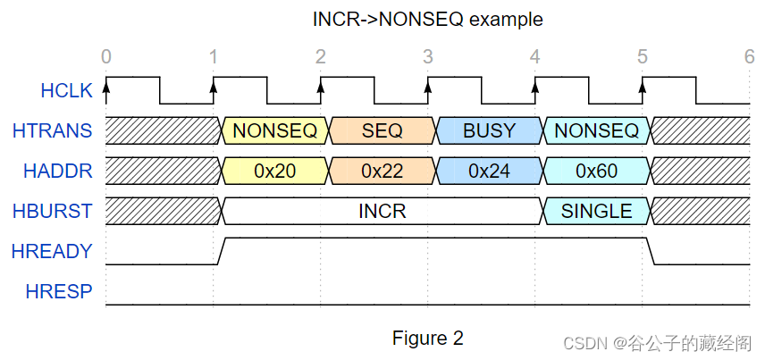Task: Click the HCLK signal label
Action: tap(66, 91)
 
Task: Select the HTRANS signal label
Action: tap(53, 130)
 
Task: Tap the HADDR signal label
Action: tap(58, 171)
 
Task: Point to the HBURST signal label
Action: tap(53, 211)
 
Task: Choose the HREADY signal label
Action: tap(52, 251)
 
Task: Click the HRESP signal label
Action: tap(59, 291)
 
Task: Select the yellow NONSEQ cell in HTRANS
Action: tap(275, 130)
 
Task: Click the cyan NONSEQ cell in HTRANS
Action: tap(597, 130)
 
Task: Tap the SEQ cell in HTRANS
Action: tap(382, 130)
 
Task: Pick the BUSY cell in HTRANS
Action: tap(490, 130)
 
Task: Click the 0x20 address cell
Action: tap(275, 171)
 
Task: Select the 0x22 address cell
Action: tap(382, 171)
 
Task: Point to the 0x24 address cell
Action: tap(490, 171)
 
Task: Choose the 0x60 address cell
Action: tap(597, 171)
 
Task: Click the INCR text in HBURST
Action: tap(382, 211)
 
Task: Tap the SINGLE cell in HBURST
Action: tap(597, 211)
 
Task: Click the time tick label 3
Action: tap(427, 57)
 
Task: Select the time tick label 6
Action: tap(750, 57)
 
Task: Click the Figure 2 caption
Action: tap(428, 338)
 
